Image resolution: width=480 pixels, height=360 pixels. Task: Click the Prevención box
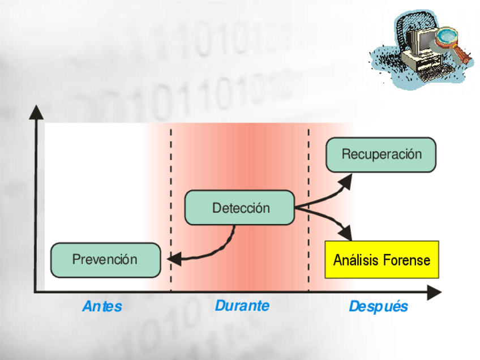pos(105,260)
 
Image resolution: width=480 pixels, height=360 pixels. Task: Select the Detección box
pos(240,208)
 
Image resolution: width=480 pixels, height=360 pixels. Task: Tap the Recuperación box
pos(381,155)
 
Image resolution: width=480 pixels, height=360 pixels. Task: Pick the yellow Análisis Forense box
pos(382,260)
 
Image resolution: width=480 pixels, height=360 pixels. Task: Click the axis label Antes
pos(102,307)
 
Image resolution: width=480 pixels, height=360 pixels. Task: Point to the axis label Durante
pos(242,306)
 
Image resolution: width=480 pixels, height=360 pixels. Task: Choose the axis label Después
pos(378,307)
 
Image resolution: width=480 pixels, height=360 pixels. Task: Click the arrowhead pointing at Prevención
pos(173,259)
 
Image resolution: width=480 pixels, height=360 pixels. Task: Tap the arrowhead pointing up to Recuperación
pos(345,180)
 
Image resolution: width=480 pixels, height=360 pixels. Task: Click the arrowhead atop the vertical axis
pos(38,112)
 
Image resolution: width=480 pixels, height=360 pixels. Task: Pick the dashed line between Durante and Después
pos(308,170)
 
